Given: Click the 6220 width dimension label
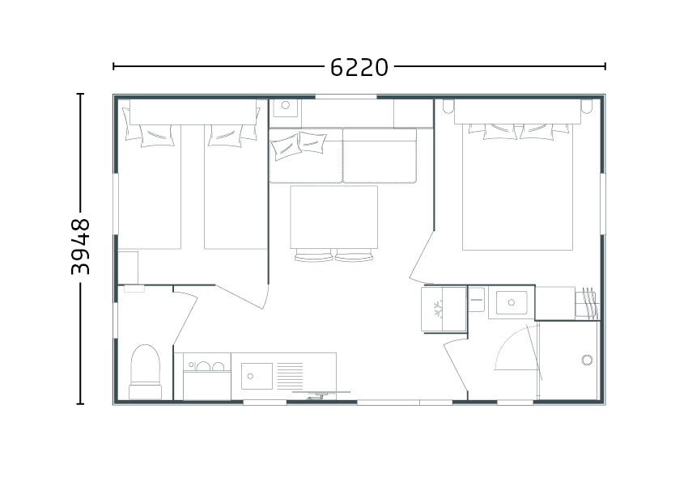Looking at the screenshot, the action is point(359,67).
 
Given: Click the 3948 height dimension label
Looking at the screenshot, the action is point(81,247).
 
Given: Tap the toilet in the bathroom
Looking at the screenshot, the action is point(145,372).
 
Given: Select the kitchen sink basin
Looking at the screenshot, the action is point(257,376).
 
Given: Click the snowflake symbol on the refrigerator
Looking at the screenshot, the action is point(438,309).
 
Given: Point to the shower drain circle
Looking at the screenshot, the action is point(587,361).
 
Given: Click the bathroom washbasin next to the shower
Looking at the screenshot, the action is point(512,303).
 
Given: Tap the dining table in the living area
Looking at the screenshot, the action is point(334,217).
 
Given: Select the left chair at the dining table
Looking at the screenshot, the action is point(313,255).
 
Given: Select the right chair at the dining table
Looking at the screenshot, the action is point(354,255).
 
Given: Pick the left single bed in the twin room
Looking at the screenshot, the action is point(150,187).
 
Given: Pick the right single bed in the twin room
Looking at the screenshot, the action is point(236,187).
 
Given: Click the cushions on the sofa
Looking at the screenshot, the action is point(299,145).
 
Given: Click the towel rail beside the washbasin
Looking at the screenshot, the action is point(588,303).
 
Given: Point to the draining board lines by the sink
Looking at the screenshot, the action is point(290,376).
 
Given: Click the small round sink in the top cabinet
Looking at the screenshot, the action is point(286,106).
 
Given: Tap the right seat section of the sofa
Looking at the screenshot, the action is point(379,155).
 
